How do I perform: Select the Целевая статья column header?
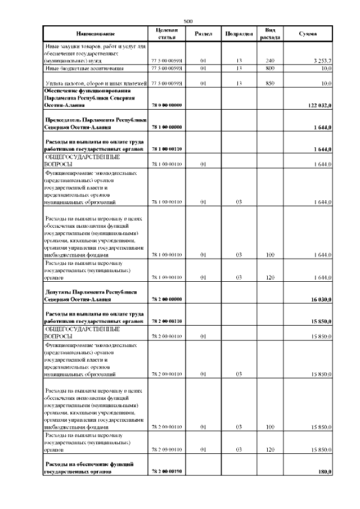tap(166, 34)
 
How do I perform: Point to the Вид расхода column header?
tap(269, 34)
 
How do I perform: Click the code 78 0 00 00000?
tap(166, 105)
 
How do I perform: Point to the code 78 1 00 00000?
tap(166, 128)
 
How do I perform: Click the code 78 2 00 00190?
tap(166, 471)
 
